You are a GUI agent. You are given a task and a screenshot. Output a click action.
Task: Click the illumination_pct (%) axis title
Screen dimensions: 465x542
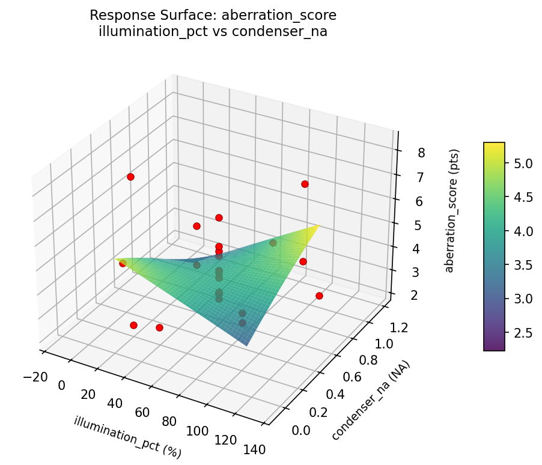click(127, 437)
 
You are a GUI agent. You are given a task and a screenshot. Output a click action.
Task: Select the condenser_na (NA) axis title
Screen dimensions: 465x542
click(371, 401)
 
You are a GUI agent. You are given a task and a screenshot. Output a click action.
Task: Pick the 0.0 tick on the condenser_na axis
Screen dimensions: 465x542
click(300, 430)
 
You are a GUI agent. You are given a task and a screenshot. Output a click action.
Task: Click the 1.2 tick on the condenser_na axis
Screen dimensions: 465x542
click(399, 327)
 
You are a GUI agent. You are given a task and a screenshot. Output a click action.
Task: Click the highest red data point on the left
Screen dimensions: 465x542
click(130, 177)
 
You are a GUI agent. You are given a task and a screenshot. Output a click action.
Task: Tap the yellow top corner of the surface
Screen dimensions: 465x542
click(318, 226)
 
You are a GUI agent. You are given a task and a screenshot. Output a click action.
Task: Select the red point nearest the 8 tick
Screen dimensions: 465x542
click(305, 184)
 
